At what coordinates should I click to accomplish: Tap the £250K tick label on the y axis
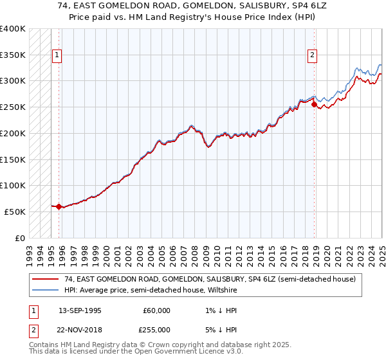[13, 107]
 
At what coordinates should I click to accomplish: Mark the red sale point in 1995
[59, 206]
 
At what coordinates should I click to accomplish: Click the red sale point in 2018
[313, 104]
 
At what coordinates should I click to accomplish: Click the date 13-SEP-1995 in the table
[80, 310]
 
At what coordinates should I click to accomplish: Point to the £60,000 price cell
[157, 310]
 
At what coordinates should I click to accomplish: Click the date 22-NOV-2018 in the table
[80, 329]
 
